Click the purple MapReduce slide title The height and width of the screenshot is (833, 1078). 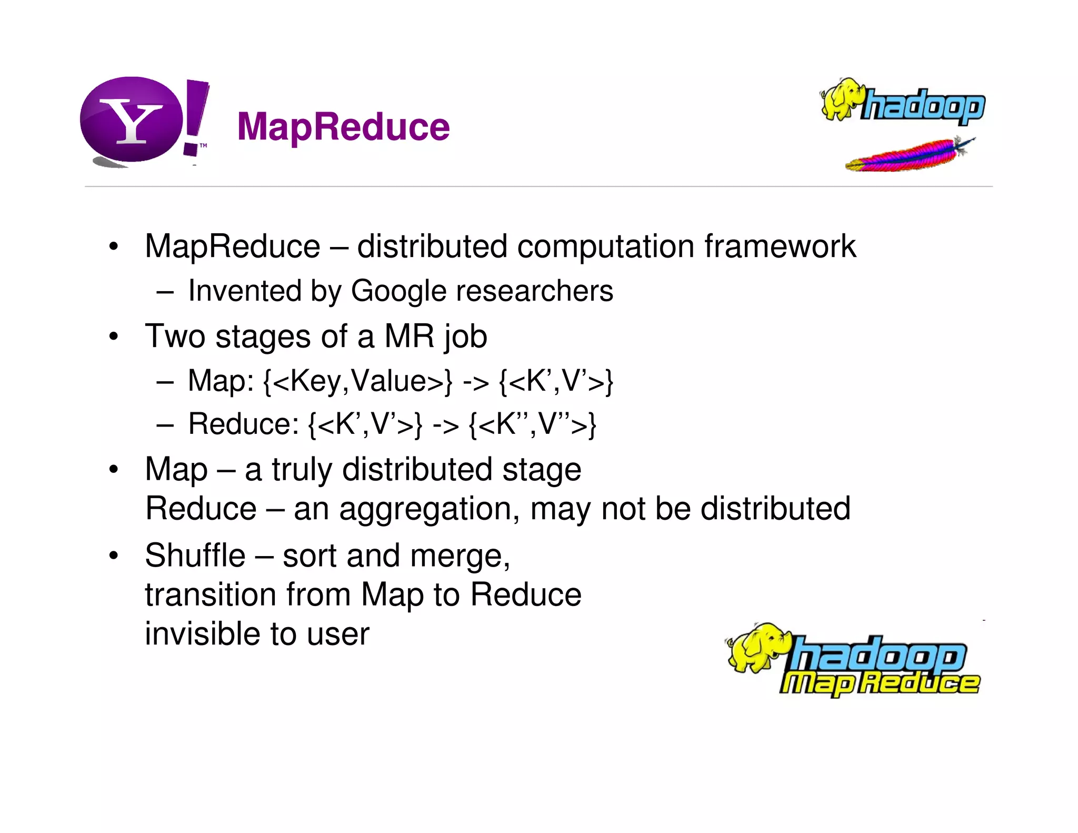343,127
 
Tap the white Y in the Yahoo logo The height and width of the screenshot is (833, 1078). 131,122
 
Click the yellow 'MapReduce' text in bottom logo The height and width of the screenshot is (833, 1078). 879,683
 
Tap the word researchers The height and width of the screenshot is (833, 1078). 534,291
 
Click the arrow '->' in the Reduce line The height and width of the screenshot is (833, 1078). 445,425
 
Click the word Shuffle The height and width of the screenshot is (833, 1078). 195,556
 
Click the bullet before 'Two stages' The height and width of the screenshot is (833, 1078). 113,336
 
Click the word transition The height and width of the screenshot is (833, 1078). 211,594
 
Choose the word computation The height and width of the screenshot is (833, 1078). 605,246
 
